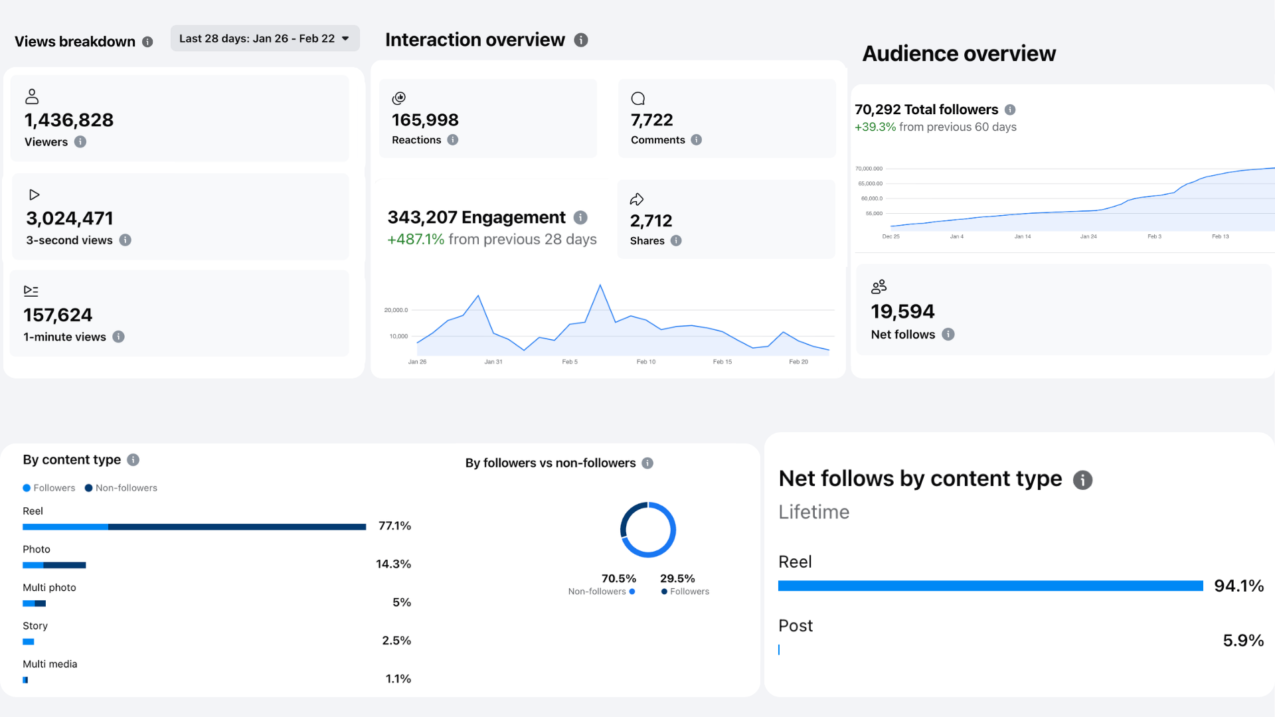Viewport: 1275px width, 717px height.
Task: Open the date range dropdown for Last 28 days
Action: click(265, 39)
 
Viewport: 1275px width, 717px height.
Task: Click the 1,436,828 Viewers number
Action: click(69, 120)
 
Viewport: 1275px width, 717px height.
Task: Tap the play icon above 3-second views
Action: click(34, 195)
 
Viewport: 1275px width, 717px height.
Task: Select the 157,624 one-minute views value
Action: click(58, 315)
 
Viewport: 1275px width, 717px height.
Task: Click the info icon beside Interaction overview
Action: click(581, 40)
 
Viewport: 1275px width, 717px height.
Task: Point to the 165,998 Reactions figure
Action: click(425, 120)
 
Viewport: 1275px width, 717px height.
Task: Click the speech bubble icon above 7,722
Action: click(638, 99)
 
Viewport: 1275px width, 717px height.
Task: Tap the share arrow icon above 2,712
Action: click(637, 199)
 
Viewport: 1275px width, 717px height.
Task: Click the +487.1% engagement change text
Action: click(416, 239)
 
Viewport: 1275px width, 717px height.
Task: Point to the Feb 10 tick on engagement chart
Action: click(646, 362)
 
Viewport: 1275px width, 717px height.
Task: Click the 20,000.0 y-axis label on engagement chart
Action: click(396, 310)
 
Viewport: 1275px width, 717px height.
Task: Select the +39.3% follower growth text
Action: click(875, 127)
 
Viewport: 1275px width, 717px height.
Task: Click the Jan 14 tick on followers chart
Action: click(1023, 236)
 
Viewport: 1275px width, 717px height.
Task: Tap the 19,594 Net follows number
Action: click(902, 311)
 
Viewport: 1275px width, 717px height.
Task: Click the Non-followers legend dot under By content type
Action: click(88, 488)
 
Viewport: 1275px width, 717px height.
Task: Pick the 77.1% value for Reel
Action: click(394, 526)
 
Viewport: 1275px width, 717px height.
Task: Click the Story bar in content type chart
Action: click(29, 642)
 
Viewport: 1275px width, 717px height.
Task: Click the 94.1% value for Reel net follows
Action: click(1238, 586)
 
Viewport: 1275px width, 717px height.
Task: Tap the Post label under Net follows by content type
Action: click(796, 626)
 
